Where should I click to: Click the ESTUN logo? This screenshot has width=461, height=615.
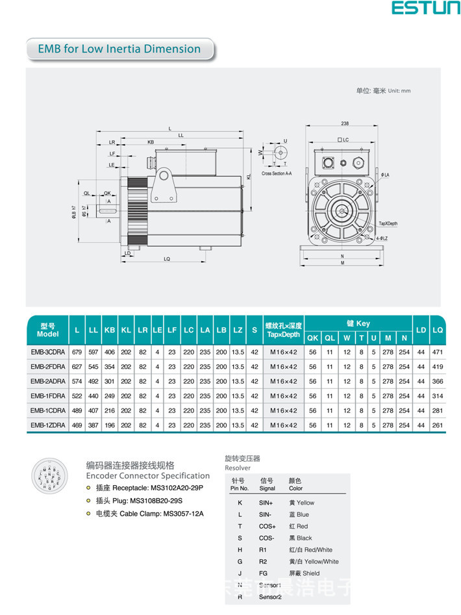click(425, 9)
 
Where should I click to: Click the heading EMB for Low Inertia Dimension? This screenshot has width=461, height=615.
click(119, 49)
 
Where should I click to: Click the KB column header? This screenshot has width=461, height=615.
click(110, 330)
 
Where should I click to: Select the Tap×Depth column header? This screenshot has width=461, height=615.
click(283, 330)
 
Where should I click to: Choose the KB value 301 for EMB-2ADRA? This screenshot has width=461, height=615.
click(110, 381)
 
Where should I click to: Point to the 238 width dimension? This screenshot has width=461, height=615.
click(344, 123)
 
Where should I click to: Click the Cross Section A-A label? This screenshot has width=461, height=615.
click(277, 174)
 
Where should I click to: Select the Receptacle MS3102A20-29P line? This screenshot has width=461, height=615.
click(144, 488)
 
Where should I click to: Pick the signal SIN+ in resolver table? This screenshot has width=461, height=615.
click(267, 503)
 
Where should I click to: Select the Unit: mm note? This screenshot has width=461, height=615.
click(383, 91)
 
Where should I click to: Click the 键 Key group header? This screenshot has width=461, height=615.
click(358, 323)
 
